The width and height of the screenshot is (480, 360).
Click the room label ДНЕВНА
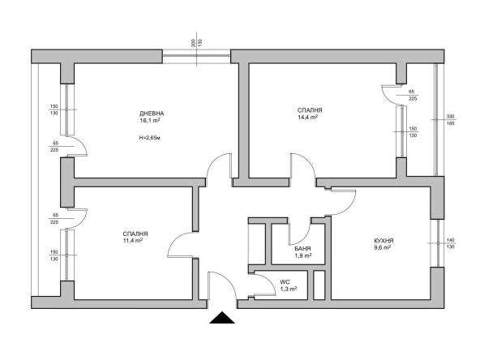point(152,113)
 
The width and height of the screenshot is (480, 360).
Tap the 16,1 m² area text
point(150,120)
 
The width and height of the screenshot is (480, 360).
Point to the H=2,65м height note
point(152,138)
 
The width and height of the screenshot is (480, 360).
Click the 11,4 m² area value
point(133,240)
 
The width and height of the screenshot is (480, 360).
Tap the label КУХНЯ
point(384,241)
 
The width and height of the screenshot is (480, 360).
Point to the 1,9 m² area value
point(303,257)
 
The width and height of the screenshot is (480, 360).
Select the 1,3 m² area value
point(288,289)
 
